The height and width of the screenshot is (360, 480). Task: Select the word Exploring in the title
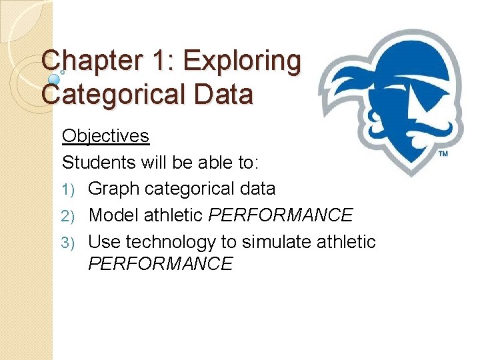pos(242,61)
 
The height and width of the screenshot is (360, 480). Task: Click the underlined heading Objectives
pos(105,136)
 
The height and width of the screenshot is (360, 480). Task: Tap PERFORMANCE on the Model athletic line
pos(281,215)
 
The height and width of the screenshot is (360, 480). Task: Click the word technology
pos(167,242)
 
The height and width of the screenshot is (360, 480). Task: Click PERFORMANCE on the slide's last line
pos(160,264)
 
